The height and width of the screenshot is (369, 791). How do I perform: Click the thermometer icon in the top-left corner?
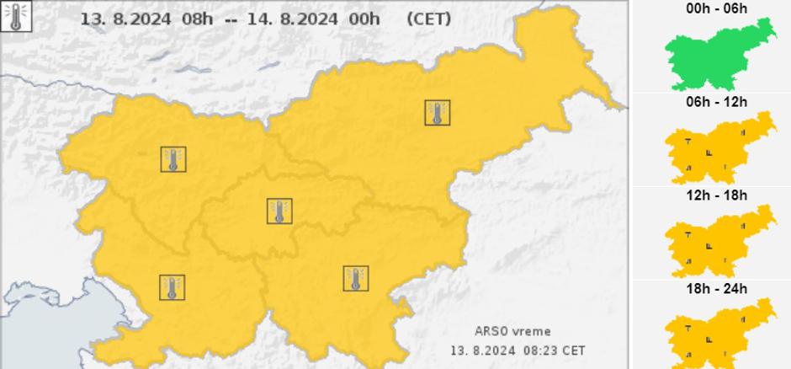[16, 16]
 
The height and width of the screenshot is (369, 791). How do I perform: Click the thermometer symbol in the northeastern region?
[437, 113]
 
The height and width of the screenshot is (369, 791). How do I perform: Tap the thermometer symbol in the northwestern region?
[173, 159]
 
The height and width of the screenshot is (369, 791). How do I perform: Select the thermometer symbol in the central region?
[279, 211]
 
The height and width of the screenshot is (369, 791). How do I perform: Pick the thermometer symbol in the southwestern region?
[173, 287]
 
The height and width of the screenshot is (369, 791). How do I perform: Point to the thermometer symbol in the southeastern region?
[356, 278]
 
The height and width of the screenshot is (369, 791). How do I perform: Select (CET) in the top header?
[428, 19]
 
